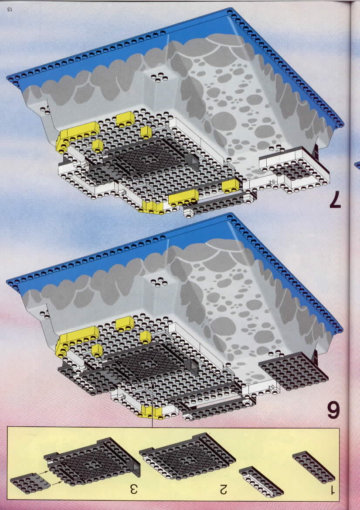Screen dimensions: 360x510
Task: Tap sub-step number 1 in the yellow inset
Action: pyautogui.click(x=332, y=490)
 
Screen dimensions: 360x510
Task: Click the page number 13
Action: pyautogui.click(x=9, y=9)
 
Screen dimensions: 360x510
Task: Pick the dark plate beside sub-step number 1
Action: pyautogui.click(x=313, y=467)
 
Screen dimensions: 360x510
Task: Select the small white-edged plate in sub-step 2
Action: pyautogui.click(x=261, y=481)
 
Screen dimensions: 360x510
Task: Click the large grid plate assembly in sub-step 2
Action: pyautogui.click(x=187, y=456)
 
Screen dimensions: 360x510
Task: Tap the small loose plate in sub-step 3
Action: pyautogui.click(x=30, y=483)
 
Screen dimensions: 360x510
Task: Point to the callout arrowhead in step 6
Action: pyautogui.click(x=152, y=386)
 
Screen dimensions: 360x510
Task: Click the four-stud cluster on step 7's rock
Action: pyautogui.click(x=160, y=77)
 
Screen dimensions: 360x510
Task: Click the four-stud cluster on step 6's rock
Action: pyautogui.click(x=159, y=282)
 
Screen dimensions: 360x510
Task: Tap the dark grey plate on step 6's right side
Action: pyautogui.click(x=293, y=371)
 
